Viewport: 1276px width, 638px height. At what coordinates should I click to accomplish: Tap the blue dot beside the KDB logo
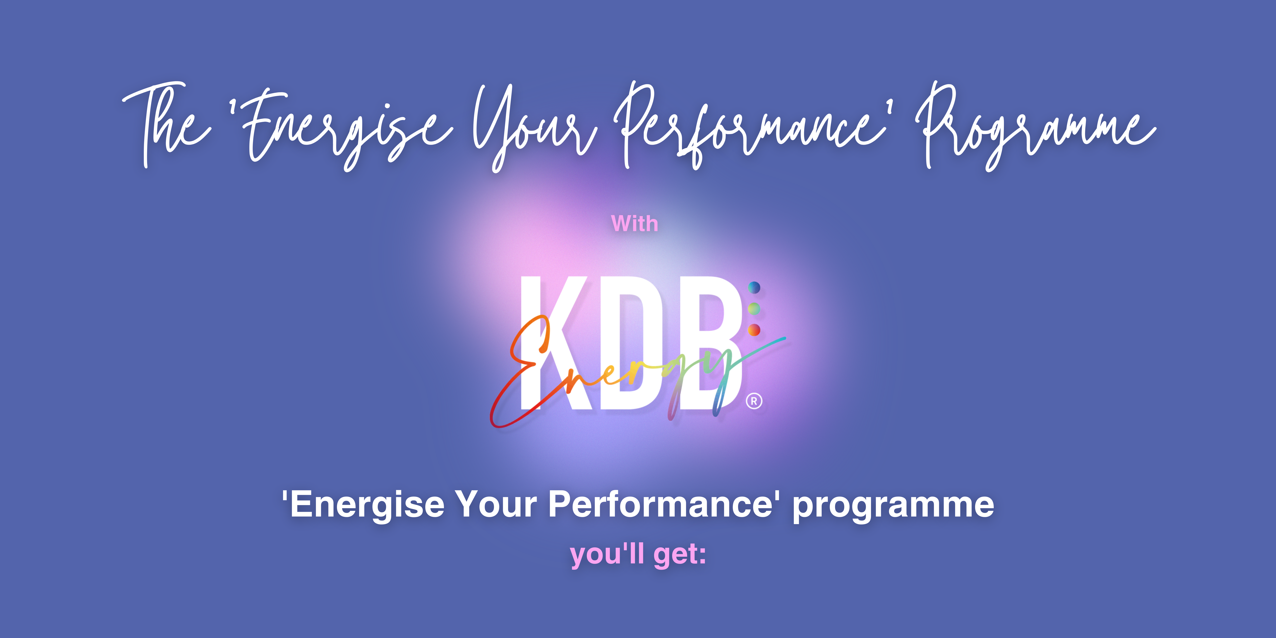[x=754, y=287]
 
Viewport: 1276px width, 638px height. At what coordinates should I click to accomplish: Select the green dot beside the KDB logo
[x=754, y=309]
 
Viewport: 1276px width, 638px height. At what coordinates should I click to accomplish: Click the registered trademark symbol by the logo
[x=754, y=401]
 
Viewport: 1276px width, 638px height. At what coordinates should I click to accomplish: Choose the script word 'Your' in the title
[x=535, y=126]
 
